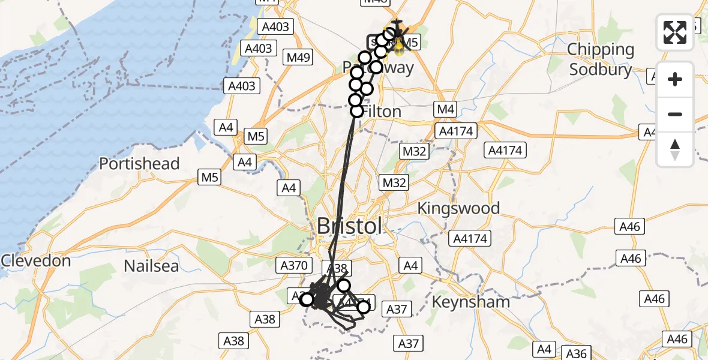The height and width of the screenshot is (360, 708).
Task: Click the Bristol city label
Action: coord(349,226)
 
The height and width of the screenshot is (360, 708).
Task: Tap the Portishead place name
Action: coord(139,164)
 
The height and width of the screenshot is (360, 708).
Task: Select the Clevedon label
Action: coord(36,261)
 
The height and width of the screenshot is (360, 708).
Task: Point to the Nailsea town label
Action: coord(151,265)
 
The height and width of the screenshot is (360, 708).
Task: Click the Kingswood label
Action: coord(459,208)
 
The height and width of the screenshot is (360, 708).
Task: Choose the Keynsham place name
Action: coord(471,301)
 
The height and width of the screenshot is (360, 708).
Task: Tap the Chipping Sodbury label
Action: coord(601,59)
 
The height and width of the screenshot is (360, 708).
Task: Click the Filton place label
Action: coord(382,112)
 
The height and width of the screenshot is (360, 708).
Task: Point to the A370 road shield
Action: coord(294,265)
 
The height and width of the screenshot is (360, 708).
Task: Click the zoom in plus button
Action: coord(675,79)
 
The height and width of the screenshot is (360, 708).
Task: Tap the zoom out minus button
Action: coord(675,114)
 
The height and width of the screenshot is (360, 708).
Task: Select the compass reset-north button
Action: coord(675,149)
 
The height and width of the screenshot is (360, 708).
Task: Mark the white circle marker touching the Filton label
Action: coord(357,111)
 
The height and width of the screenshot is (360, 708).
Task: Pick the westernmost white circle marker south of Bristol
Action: coord(307,299)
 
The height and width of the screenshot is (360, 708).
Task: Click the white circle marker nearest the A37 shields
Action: coord(364,307)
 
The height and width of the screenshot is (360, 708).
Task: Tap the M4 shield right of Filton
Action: coord(446,109)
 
